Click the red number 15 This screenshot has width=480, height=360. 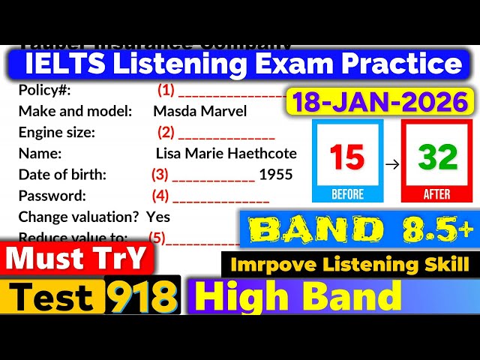tap(346, 158)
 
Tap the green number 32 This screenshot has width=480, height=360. tap(437, 158)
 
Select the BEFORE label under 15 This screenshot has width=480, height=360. tap(346, 194)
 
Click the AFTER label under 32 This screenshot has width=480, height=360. tap(437, 194)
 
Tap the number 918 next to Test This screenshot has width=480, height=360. tap(142, 298)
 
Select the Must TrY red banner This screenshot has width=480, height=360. tap(77, 259)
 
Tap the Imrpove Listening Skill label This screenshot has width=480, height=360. tap(350, 263)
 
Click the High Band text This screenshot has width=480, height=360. tap(298, 297)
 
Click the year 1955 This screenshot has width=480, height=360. tap(275, 175)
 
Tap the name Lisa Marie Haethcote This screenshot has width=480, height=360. tap(226, 154)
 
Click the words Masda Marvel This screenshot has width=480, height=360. tap(199, 111)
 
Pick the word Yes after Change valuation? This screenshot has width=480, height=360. tap(158, 217)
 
